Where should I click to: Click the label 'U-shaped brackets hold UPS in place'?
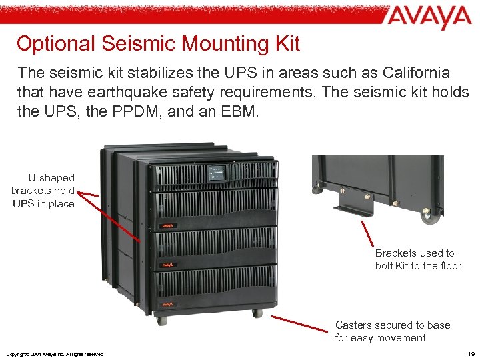(x=43, y=191)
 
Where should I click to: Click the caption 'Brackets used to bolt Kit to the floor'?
(x=418, y=259)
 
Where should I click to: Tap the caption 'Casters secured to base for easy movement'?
(x=393, y=331)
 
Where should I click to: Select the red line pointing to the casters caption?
(x=304, y=321)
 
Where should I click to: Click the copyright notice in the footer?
(x=55, y=353)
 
